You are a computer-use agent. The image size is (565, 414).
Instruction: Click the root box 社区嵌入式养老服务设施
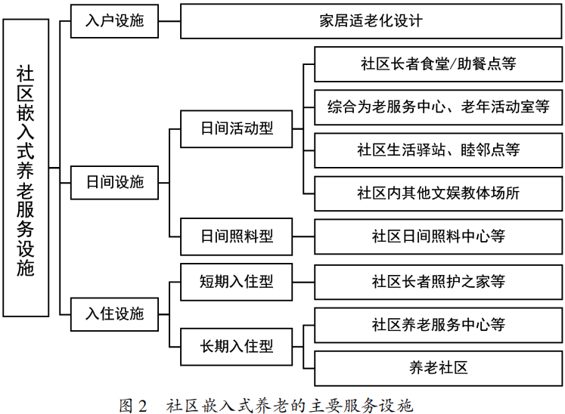coord(26,166)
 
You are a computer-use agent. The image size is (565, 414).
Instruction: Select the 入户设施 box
coord(114,21)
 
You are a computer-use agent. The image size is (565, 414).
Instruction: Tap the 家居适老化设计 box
coord(371,21)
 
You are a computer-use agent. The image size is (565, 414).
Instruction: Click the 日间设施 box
coord(114,182)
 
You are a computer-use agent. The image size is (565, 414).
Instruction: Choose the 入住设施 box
coord(114,312)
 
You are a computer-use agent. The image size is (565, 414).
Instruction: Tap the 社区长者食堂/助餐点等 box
coord(438,63)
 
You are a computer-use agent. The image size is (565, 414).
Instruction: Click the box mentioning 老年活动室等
coord(438,107)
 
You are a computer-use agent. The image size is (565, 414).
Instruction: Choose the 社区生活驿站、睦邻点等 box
coord(438,150)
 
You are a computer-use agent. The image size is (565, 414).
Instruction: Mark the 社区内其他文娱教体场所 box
coord(438,193)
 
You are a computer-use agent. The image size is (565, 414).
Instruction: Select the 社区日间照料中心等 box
coord(438,236)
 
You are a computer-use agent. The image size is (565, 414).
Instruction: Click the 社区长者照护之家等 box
coord(438,281)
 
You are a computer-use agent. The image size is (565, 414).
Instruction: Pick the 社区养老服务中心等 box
coord(438,325)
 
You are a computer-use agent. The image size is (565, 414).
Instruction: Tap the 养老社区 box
coord(438,368)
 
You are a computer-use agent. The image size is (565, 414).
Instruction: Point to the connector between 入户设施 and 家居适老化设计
coord(169,21)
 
